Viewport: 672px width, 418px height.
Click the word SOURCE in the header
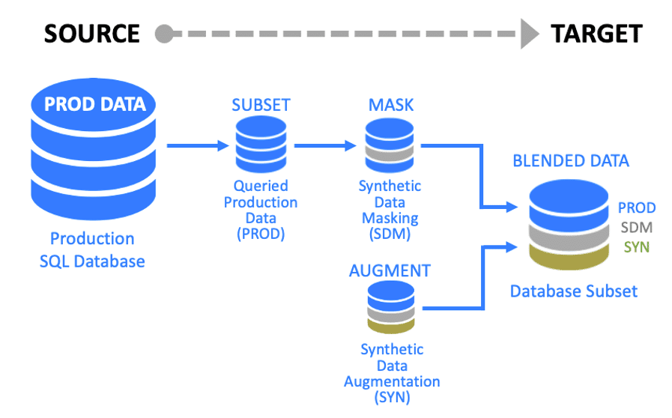tap(91, 34)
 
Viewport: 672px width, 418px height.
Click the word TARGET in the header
tap(596, 34)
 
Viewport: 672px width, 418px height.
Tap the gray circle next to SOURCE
tap(164, 34)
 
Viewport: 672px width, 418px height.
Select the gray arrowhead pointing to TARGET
tap(530, 34)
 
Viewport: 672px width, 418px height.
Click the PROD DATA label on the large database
tap(95, 104)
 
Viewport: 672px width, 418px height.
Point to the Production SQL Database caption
tap(92, 250)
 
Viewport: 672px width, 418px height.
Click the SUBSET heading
tap(260, 105)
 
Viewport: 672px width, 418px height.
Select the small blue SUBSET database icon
tap(260, 144)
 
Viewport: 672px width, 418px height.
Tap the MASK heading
tap(390, 105)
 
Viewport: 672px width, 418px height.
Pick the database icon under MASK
tap(390, 144)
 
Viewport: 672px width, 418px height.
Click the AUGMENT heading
tap(390, 270)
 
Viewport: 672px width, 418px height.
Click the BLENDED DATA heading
tap(571, 160)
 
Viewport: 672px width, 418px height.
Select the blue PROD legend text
tap(637, 208)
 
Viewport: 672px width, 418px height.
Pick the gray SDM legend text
tap(637, 227)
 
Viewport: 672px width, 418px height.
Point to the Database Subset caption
tap(574, 291)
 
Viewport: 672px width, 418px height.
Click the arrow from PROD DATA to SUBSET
tap(197, 145)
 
